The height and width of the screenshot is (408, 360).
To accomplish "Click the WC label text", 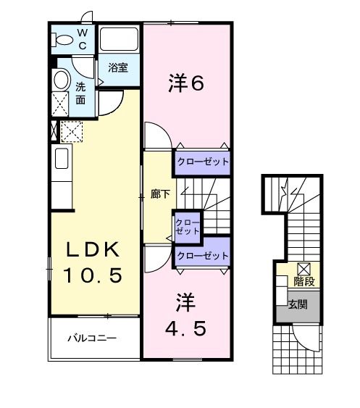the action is (x=83, y=39).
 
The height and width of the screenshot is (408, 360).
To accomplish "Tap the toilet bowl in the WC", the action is (x=62, y=40).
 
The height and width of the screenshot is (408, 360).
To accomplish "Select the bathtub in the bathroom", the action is (x=119, y=39).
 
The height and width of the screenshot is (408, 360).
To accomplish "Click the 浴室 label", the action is (x=118, y=67).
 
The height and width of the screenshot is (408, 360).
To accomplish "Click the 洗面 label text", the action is (x=80, y=93).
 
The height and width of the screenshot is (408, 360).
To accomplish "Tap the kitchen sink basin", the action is (x=62, y=159).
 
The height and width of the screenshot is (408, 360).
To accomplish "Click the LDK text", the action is (x=93, y=249).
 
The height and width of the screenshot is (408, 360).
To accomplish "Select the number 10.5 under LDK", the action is (x=93, y=275).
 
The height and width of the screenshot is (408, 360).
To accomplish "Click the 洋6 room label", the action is (x=186, y=83).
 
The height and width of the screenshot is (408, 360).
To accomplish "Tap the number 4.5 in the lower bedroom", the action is (x=186, y=328).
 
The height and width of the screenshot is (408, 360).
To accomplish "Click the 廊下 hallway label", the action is (x=160, y=194).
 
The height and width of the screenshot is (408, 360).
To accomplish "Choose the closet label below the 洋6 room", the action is (x=203, y=162).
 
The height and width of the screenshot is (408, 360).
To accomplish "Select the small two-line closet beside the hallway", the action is (x=188, y=227).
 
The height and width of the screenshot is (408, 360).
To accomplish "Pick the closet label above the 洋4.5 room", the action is (x=203, y=256).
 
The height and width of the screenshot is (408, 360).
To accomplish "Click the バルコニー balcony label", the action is (x=92, y=338).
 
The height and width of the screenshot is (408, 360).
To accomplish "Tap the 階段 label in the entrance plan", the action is (x=304, y=281).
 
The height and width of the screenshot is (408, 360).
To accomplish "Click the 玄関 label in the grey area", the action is (x=298, y=304).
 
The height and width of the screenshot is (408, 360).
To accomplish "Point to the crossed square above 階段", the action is (x=304, y=270).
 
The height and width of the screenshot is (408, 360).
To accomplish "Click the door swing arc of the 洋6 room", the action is (x=164, y=129).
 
